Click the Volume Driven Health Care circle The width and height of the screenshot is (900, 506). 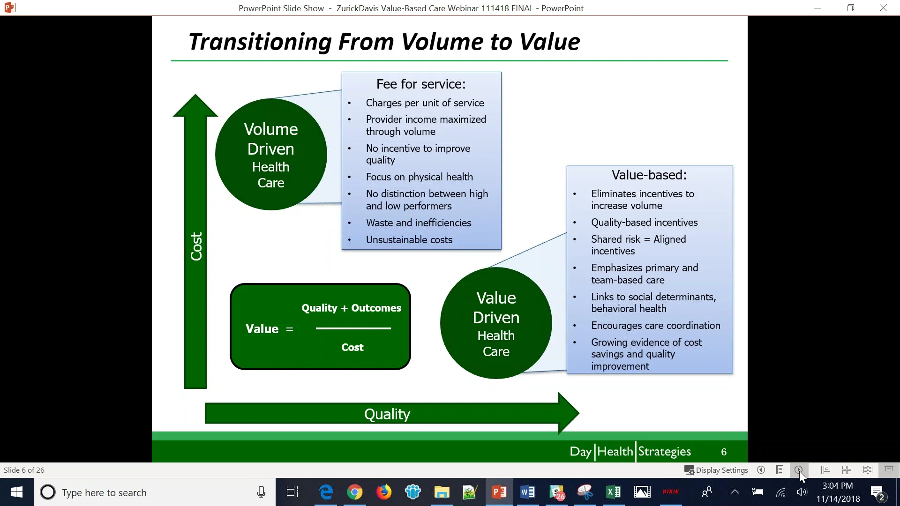271,155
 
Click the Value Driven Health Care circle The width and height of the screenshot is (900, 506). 496,323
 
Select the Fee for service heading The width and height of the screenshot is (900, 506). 421,84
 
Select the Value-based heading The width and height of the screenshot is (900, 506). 649,175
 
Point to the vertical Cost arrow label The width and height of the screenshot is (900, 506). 196,246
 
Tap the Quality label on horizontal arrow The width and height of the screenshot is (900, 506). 387,414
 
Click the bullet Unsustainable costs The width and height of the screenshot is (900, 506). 409,240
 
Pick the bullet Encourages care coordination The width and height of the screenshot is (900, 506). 655,326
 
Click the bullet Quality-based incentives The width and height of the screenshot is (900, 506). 644,223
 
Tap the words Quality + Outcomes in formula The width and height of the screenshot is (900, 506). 351,308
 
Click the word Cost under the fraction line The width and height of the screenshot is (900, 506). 352,348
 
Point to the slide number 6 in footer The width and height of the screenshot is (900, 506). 724,452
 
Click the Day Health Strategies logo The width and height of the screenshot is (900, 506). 630,452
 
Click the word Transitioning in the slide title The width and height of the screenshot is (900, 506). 260,42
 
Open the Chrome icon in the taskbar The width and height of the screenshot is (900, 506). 355,492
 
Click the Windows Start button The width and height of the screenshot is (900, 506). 17,492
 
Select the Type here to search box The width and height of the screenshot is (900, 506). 141,492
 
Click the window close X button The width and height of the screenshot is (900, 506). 883,8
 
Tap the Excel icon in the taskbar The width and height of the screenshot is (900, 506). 613,492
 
